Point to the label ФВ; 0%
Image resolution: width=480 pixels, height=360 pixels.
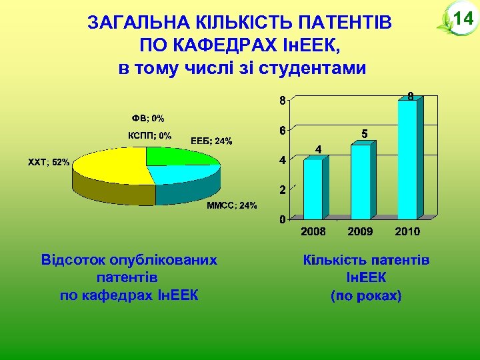pyautogui.click(x=148, y=118)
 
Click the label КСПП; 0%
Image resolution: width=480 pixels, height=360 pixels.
pyautogui.click(x=149, y=135)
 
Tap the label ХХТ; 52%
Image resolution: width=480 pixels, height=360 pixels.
pyautogui.click(x=48, y=162)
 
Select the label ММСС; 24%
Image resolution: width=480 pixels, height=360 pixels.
pyautogui.click(x=231, y=205)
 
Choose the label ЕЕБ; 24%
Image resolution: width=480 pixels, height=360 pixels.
pyautogui.click(x=211, y=141)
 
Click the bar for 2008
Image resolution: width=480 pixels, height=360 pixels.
pyautogui.click(x=312, y=189)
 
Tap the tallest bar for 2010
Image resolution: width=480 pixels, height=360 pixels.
pyautogui.click(x=407, y=160)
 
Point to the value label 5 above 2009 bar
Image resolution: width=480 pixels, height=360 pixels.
pyautogui.click(x=364, y=134)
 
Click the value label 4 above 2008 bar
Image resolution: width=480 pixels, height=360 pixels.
pyautogui.click(x=318, y=149)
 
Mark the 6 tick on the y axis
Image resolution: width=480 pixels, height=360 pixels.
pyautogui.click(x=283, y=130)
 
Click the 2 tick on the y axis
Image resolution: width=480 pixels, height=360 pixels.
pyautogui.click(x=283, y=189)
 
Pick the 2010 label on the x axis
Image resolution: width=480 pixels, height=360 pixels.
pyautogui.click(x=407, y=231)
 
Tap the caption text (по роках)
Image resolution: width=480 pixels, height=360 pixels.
pyautogui.click(x=366, y=295)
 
